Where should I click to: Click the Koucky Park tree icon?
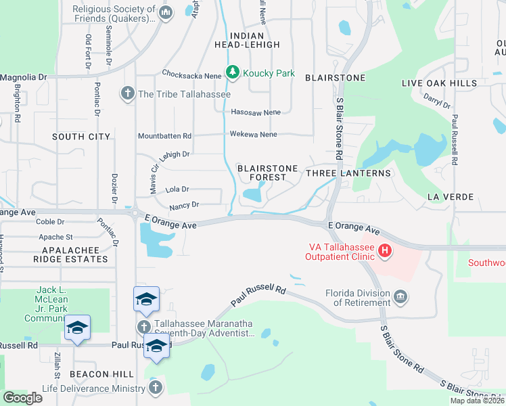233,72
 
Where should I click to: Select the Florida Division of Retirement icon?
400,296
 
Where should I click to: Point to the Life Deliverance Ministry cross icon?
155,388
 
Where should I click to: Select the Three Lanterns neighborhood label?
348,173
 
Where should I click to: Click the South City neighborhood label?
81,137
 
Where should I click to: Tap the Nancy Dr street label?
184,204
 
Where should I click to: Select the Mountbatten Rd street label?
165,135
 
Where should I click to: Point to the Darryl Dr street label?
436,101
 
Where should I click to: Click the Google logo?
22,398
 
